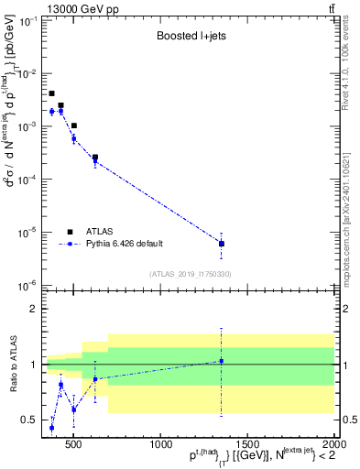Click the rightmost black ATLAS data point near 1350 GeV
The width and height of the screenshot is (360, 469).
coord(221,244)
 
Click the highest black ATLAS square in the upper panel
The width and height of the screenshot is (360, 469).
coord(52,93)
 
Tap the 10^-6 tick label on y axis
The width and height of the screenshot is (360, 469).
coord(27,286)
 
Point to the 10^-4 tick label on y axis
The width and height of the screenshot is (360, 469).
coord(27,180)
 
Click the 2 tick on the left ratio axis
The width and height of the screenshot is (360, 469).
coord(33,310)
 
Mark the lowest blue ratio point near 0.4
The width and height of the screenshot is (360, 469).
coord(52,428)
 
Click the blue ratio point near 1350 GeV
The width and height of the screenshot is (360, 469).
coord(221,361)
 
